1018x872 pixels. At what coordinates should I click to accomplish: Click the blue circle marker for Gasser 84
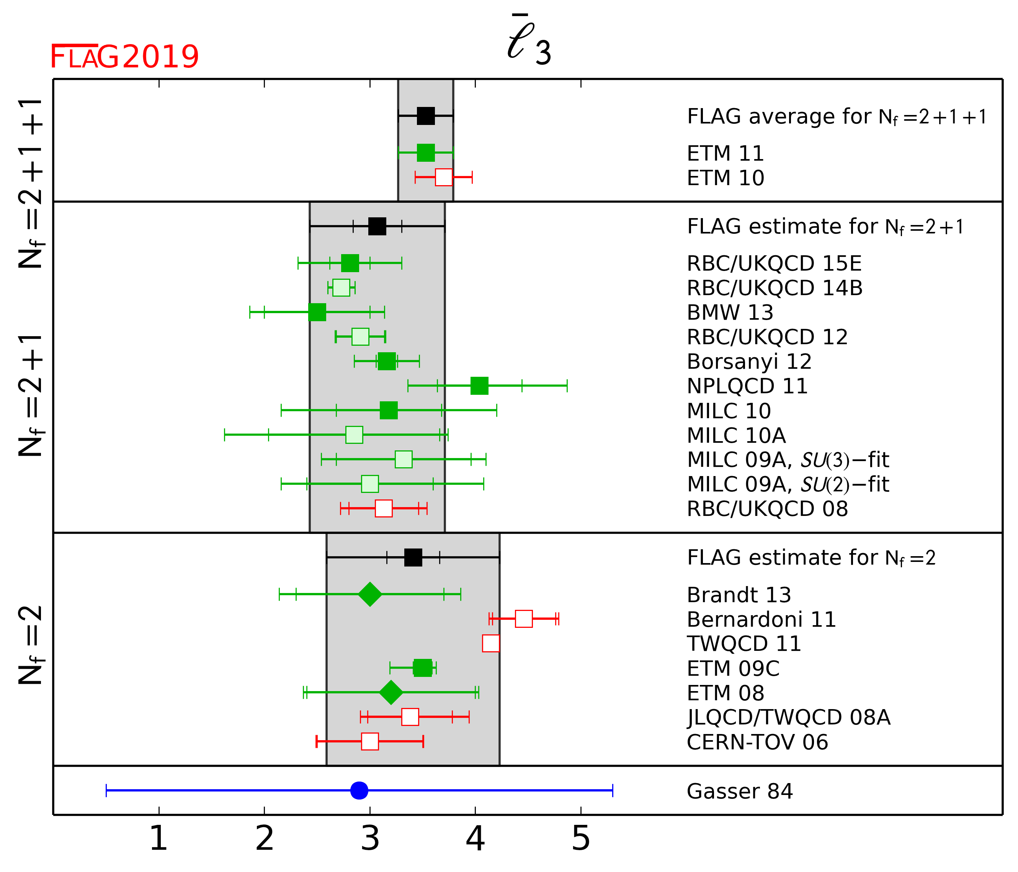(x=359, y=790)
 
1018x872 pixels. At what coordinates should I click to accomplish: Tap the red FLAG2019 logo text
(x=124, y=57)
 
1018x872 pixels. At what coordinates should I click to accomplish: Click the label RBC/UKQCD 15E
(x=774, y=264)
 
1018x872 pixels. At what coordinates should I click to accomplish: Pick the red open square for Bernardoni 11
(x=524, y=619)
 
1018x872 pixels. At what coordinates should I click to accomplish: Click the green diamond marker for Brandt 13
(x=370, y=594)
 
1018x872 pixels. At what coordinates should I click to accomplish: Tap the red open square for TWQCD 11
(x=491, y=643)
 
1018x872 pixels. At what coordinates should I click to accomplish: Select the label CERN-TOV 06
(x=757, y=742)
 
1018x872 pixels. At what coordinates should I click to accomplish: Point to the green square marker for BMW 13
(x=317, y=312)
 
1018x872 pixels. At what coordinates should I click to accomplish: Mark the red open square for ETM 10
(x=444, y=177)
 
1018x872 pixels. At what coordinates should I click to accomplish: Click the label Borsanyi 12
(x=749, y=361)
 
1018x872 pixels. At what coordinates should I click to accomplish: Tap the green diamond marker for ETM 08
(x=391, y=693)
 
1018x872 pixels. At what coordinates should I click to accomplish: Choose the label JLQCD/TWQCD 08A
(x=788, y=718)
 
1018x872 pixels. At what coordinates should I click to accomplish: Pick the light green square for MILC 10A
(x=354, y=435)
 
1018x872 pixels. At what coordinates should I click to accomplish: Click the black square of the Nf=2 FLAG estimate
(x=413, y=558)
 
